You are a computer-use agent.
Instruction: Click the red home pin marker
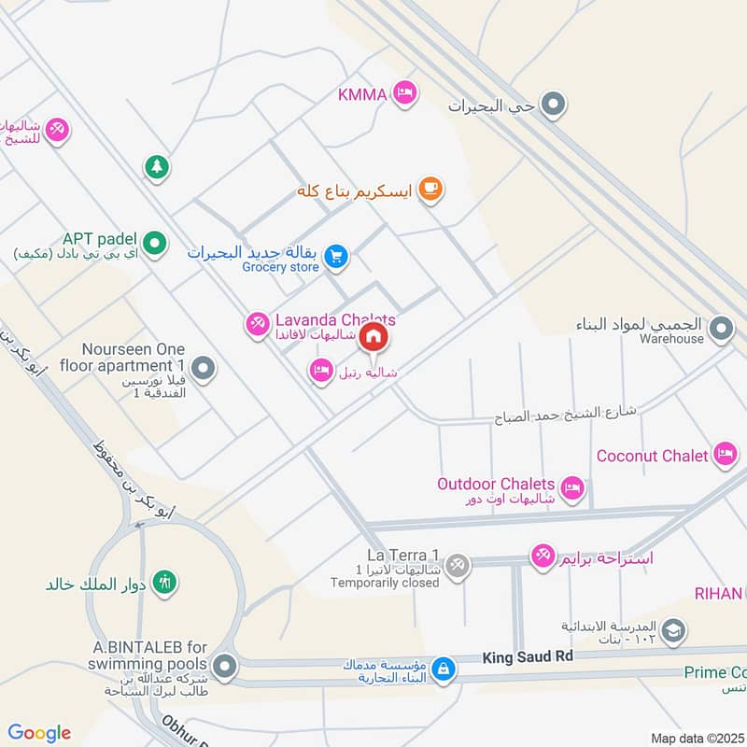[373, 336]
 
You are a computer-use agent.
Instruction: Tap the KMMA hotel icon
[404, 92]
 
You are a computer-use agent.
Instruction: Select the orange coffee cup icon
[430, 190]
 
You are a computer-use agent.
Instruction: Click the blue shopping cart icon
[337, 255]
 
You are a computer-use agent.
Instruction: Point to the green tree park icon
[155, 167]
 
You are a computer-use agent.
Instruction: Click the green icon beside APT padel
[157, 245]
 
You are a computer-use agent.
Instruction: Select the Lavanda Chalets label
[334, 320]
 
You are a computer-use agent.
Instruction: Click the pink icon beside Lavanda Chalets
[257, 324]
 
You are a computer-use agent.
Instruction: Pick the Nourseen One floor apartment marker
[203, 369]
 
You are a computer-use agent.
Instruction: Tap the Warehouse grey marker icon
[721, 329]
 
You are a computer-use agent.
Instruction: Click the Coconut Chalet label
[653, 456]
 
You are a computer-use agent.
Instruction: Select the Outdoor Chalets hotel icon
[572, 486]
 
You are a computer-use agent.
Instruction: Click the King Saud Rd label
[527, 657]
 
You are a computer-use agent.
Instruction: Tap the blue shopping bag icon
[444, 669]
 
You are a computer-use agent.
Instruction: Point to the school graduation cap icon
[672, 632]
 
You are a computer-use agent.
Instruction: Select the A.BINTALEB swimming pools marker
[224, 667]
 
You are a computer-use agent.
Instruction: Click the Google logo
[39, 733]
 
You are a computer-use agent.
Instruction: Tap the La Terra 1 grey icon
[457, 564]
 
